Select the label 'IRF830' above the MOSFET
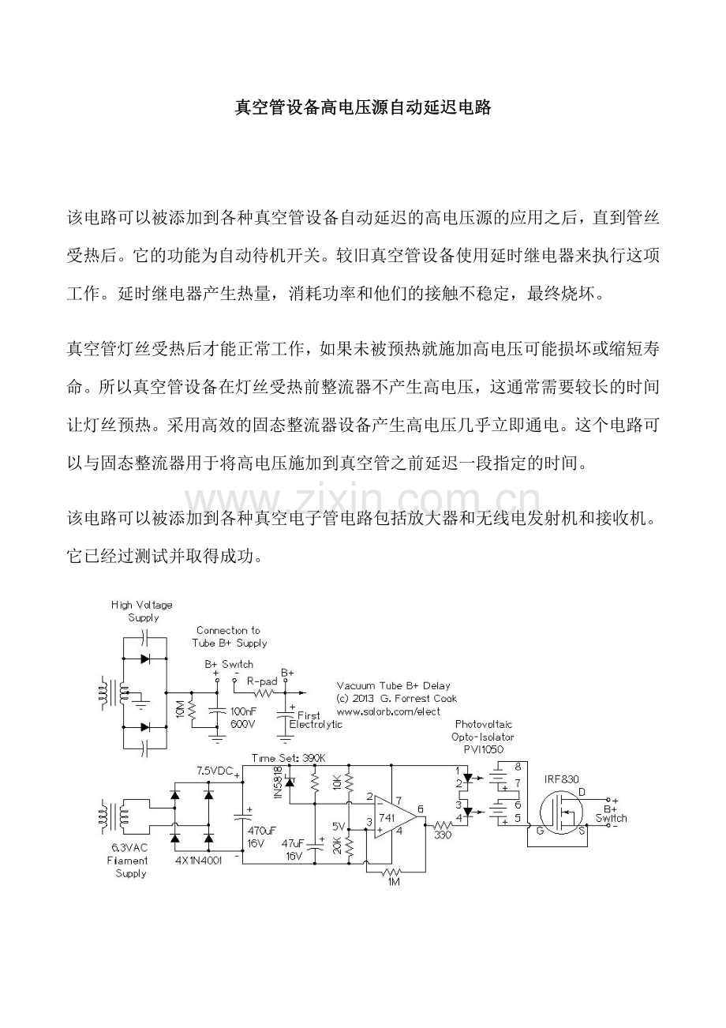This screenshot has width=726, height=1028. pyautogui.click(x=561, y=779)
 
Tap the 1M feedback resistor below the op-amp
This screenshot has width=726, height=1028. pyautogui.click(x=393, y=872)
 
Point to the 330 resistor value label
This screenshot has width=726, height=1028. pyautogui.click(x=443, y=835)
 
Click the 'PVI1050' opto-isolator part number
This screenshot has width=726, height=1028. pyautogui.click(x=484, y=749)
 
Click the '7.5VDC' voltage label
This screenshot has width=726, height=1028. pyautogui.click(x=215, y=769)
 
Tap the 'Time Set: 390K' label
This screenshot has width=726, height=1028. pyautogui.click(x=288, y=757)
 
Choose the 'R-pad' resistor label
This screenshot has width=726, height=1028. pyautogui.click(x=261, y=680)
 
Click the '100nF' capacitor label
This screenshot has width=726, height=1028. pyautogui.click(x=242, y=711)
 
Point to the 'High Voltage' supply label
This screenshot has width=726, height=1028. pyautogui.click(x=142, y=605)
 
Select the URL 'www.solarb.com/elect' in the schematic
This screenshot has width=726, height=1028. pyautogui.click(x=388, y=710)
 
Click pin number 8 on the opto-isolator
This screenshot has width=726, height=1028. pyautogui.click(x=518, y=766)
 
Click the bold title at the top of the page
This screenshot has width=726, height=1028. pyautogui.click(x=363, y=107)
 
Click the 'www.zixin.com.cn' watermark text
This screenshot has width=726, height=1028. pyautogui.click(x=363, y=500)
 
